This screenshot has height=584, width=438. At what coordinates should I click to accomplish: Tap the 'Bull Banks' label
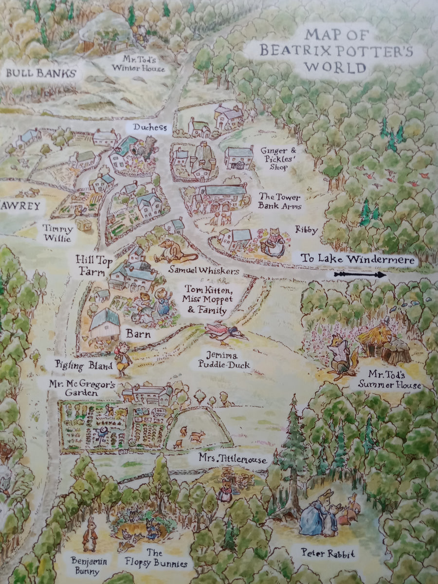(38, 74)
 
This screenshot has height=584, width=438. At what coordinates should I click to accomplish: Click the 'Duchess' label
(149, 128)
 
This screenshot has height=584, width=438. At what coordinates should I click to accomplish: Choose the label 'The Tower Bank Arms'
(280, 201)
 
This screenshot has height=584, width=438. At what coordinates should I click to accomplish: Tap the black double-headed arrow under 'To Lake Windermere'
(360, 275)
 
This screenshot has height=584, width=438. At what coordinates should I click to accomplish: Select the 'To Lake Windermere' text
(358, 260)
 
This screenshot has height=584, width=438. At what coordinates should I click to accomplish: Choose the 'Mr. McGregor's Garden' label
(82, 388)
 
